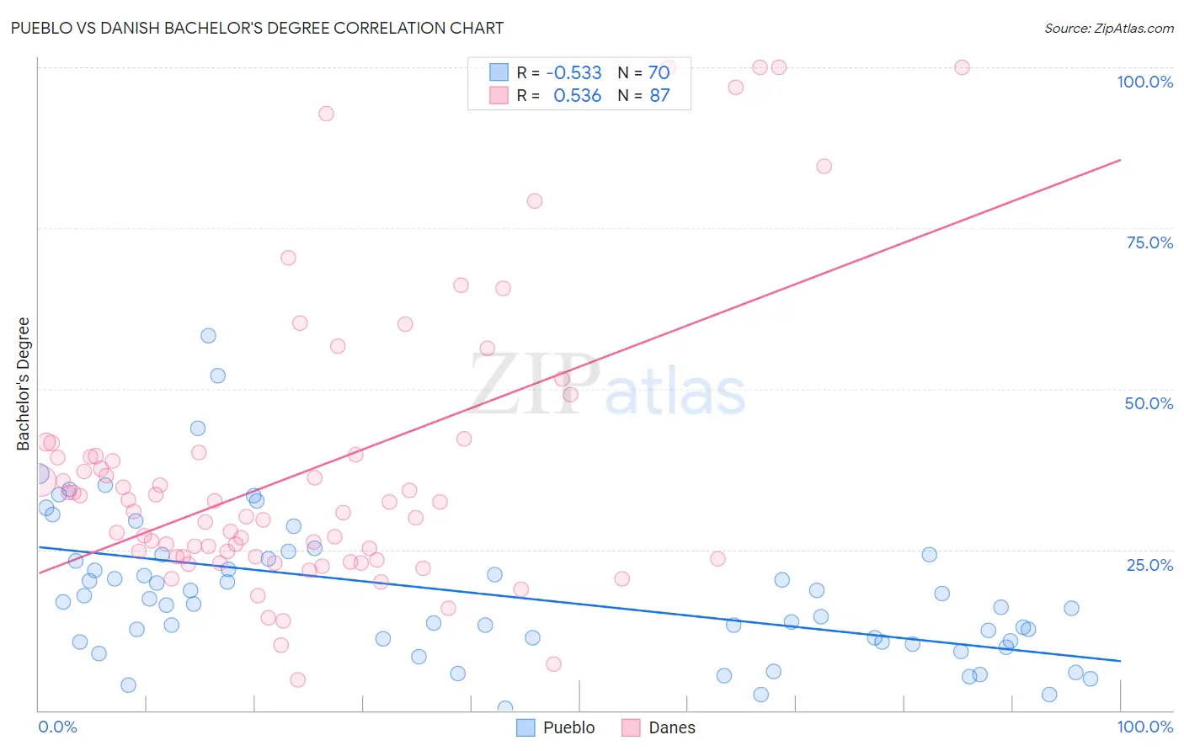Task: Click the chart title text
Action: click(257, 28)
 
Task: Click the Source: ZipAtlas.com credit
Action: click(1108, 28)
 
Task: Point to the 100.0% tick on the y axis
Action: click(1144, 82)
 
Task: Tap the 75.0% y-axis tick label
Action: click(1149, 242)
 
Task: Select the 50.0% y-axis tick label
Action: click(1149, 403)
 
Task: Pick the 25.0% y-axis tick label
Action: click(1149, 565)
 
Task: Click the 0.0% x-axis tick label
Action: click(57, 727)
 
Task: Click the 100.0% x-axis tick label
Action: click(1144, 727)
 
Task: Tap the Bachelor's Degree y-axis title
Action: click(24, 383)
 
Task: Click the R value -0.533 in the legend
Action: click(573, 72)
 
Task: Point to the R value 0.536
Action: click(577, 96)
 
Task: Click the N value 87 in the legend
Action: click(659, 96)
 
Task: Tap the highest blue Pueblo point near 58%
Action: click(208, 336)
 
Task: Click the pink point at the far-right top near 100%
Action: click(962, 67)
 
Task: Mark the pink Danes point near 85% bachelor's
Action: click(824, 167)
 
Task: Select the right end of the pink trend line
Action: click(1120, 160)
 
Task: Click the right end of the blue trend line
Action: click(1120, 661)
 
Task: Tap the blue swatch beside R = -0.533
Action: click(499, 72)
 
